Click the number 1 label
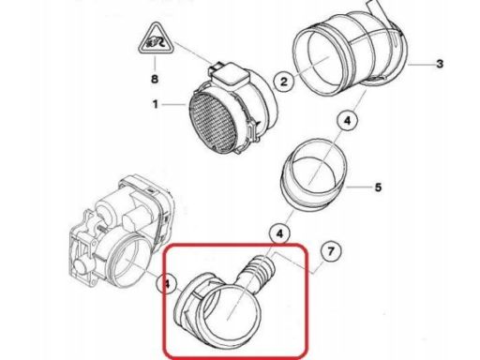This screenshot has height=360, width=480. click(156, 104)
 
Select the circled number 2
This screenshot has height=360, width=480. click(283, 82)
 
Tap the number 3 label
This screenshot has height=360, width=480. click(440, 64)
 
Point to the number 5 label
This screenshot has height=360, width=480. click(378, 187)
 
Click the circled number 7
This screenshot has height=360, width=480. click(331, 251)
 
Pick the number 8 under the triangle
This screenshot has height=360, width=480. click(155, 79)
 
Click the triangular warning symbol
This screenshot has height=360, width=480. click(156, 38)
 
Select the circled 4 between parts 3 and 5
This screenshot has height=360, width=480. click(348, 121)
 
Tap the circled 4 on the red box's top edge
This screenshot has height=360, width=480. click(279, 233)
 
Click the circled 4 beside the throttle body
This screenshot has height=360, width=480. click(167, 284)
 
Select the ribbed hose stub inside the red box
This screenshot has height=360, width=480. click(258, 271)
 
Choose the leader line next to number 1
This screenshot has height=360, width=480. click(174, 104)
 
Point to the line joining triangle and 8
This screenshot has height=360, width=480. click(155, 63)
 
